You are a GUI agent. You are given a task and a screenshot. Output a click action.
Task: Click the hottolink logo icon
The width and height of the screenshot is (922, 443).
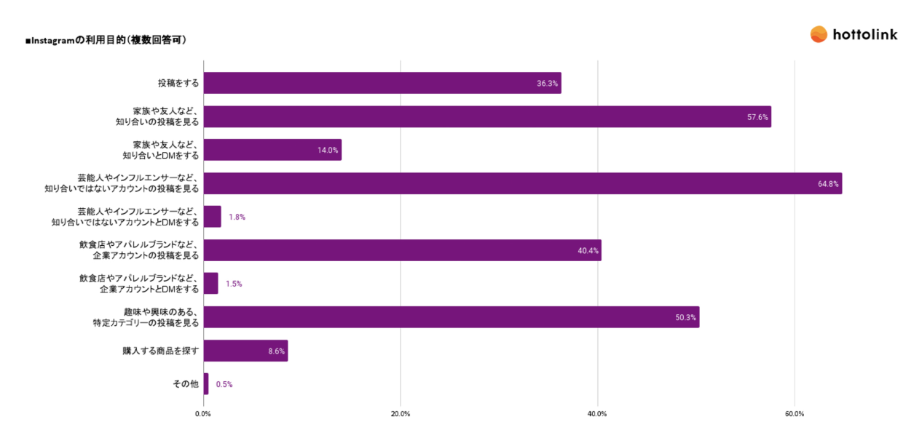[819, 34]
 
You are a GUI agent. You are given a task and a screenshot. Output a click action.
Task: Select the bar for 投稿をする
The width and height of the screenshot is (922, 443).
[382, 83]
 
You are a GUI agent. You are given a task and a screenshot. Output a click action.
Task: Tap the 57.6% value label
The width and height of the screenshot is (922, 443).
[757, 117]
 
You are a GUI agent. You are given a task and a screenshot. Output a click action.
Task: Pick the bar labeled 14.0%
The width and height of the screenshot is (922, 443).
[272, 150]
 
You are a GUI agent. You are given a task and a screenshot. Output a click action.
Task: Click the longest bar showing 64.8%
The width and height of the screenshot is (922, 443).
[522, 183]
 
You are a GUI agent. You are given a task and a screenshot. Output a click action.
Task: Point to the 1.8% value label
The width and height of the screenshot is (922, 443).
[237, 217]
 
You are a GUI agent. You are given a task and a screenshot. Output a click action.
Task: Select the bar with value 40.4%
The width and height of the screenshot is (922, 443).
[402, 250]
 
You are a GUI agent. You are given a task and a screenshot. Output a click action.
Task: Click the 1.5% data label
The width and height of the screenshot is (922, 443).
[234, 284]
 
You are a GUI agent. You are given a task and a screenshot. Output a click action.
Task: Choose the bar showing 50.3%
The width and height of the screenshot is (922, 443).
[451, 317]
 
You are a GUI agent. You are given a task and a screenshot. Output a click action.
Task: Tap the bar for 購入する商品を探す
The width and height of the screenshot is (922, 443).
[245, 351]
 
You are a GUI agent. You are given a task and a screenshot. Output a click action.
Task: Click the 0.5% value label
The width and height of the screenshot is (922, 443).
[224, 384]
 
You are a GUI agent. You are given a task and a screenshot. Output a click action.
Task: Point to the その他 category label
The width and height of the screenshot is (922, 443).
[185, 384]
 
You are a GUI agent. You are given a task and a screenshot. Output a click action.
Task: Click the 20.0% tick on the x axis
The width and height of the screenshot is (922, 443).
[401, 414]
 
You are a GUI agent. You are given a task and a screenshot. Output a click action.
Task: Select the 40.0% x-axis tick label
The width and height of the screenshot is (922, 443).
[597, 414]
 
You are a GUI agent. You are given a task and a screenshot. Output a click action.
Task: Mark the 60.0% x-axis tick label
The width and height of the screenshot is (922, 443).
[795, 414]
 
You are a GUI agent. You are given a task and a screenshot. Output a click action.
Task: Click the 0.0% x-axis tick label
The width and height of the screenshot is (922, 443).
[203, 414]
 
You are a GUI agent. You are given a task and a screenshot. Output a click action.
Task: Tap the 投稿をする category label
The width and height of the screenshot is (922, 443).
[178, 83]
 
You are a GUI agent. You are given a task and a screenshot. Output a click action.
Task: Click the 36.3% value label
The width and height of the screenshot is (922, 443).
[547, 84]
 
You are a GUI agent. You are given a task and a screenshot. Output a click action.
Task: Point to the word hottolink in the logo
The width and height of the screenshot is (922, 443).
[864, 34]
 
